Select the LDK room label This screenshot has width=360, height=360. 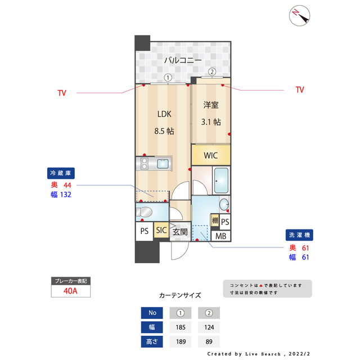point(164,114)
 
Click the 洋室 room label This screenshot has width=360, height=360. point(211,105)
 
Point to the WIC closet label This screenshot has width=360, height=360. point(211,155)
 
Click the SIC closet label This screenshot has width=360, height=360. point(161,230)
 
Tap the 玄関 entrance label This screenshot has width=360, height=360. point(179,231)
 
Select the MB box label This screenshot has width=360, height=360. point(221,236)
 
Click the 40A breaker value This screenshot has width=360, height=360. point(70,291)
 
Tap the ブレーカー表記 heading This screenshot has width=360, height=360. point(70,281)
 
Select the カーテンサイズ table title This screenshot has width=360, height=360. point(180,295)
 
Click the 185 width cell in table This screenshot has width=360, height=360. point(181,327)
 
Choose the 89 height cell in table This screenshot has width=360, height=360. point(209,341)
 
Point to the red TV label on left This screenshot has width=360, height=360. point(62,93)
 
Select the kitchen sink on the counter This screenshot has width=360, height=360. point(163,164)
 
